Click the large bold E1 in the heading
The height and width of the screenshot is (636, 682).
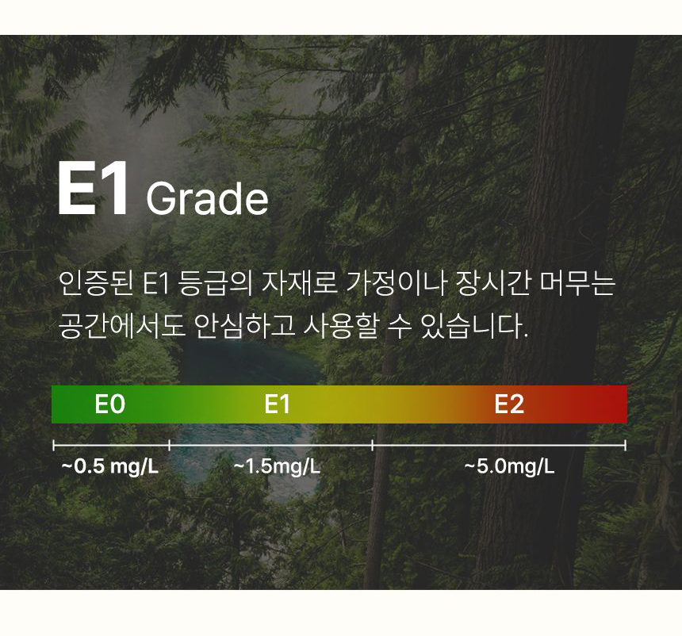tap(93, 189)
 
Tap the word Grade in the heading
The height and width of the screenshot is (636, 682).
tap(207, 198)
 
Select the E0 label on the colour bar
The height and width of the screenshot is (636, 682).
tap(109, 404)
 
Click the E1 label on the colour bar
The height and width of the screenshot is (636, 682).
tap(277, 404)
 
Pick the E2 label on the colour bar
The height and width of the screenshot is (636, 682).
tap(509, 404)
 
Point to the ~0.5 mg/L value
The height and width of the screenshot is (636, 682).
tap(110, 467)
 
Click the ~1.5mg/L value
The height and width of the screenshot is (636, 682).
tap(277, 467)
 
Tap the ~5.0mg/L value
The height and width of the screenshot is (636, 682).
tap(509, 467)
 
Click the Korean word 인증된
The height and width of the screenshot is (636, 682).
tap(96, 283)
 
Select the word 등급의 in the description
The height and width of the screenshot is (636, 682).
tap(215, 283)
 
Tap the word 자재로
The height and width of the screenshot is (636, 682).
tap(300, 283)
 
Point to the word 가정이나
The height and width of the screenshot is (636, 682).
tap(397, 283)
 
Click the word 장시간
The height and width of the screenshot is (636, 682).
tap(492, 283)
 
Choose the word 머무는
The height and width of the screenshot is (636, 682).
tap(577, 283)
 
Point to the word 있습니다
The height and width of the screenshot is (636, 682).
tap(474, 326)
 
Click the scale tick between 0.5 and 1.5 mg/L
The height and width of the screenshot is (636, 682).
tap(169, 445)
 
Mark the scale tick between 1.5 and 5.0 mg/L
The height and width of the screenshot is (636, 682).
tap(372, 445)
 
